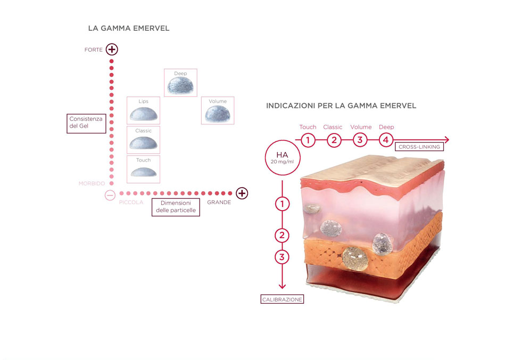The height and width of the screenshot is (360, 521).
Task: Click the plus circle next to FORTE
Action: (x=112, y=49)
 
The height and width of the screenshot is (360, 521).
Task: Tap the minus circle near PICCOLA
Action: (x=110, y=195)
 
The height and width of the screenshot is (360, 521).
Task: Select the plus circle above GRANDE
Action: (x=242, y=193)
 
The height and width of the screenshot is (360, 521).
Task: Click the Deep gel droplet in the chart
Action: (x=180, y=85)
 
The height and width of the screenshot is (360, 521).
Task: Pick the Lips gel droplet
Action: (x=144, y=114)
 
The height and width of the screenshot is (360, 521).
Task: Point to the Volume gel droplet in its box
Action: (x=218, y=114)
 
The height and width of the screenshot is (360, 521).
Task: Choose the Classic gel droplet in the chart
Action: (x=143, y=143)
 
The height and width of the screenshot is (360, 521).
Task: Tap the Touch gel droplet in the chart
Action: (x=144, y=172)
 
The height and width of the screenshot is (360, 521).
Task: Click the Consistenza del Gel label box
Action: (x=86, y=123)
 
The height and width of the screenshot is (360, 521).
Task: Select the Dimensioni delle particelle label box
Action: (x=176, y=207)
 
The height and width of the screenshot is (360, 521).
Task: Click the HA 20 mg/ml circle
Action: (x=283, y=157)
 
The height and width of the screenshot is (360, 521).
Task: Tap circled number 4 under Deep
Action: (x=386, y=140)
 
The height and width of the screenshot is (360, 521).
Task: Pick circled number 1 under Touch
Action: (x=308, y=140)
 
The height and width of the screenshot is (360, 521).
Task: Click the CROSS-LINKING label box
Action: (x=419, y=146)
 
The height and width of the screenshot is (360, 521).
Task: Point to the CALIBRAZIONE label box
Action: (x=282, y=299)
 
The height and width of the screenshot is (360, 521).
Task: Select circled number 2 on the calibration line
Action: (x=282, y=236)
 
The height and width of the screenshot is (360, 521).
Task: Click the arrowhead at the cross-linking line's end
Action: (x=447, y=140)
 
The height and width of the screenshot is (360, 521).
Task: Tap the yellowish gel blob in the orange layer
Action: (x=355, y=258)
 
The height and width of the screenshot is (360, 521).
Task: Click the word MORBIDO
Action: (x=92, y=183)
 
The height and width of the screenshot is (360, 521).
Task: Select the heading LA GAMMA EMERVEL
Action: (x=129, y=28)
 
